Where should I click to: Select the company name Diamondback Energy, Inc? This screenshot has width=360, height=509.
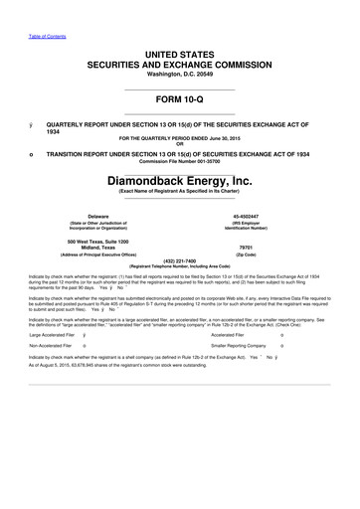(179, 182)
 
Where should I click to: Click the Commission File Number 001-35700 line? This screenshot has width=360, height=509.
(179, 164)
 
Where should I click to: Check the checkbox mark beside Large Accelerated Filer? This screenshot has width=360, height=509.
(85, 336)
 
